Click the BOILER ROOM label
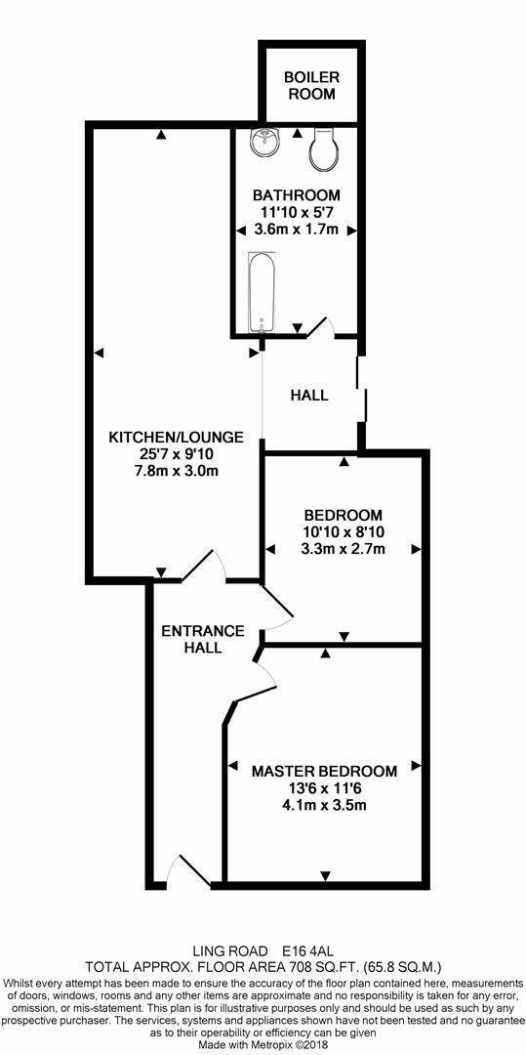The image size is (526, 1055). click(311, 85)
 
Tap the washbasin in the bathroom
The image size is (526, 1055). click(266, 142)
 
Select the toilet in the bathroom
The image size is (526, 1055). click(327, 148)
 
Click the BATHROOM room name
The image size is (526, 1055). click(297, 195)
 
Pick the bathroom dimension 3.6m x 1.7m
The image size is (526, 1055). click(297, 229)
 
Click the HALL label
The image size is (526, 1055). click(309, 395)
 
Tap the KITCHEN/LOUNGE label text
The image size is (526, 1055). click(176, 437)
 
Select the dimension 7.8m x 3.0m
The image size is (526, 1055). click(176, 470)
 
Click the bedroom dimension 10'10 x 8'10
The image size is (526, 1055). click(344, 531)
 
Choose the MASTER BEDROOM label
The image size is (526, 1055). click(324, 771)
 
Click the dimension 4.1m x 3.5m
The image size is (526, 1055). click(324, 804)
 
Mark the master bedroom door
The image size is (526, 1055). click(264, 674)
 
